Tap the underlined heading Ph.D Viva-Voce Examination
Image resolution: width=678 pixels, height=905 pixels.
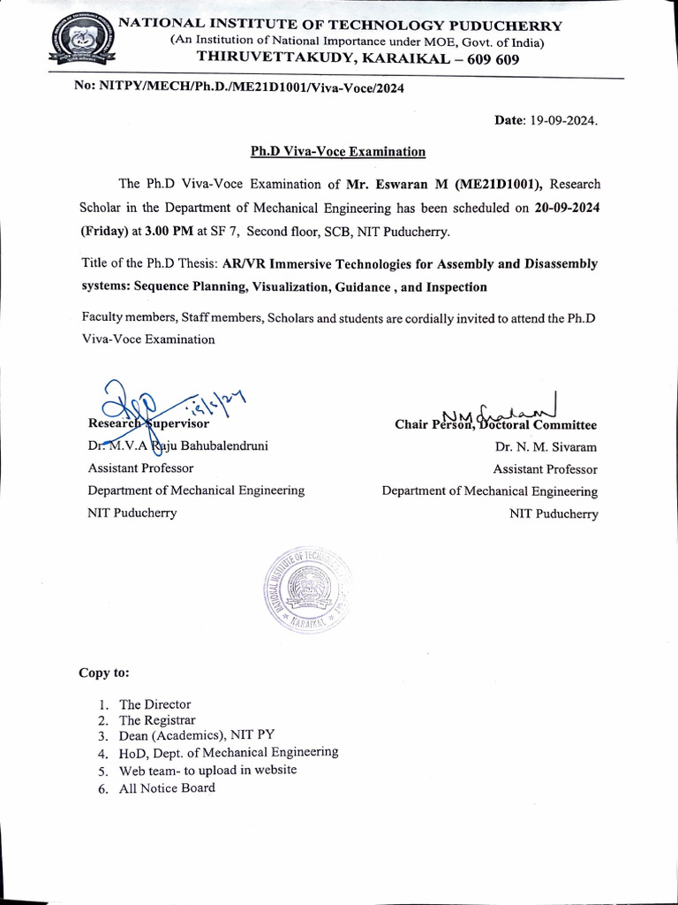(x=338, y=151)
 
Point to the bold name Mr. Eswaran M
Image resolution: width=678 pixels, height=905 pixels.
(x=395, y=184)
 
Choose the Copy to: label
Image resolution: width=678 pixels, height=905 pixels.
(x=104, y=673)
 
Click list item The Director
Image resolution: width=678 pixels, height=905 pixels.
(x=154, y=704)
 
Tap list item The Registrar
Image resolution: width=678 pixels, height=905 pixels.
(x=157, y=720)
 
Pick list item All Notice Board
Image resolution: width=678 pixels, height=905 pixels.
(x=167, y=787)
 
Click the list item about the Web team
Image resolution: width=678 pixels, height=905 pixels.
(x=207, y=770)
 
